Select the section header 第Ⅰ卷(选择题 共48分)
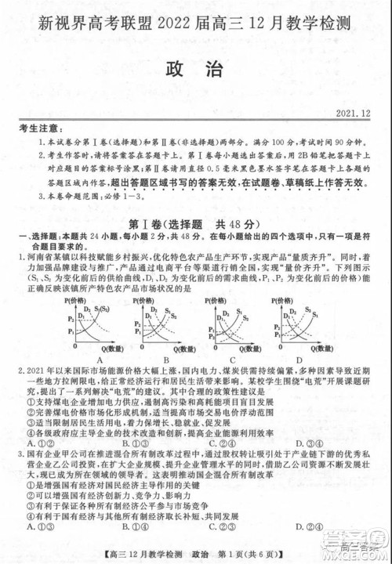tap(195, 223)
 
